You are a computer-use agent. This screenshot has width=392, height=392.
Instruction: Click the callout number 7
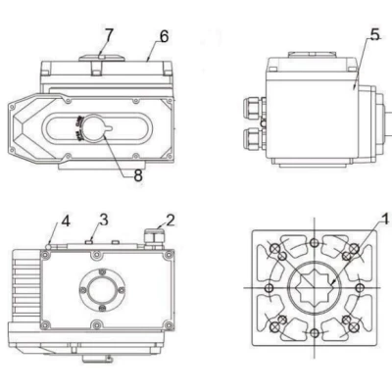(x=109, y=33)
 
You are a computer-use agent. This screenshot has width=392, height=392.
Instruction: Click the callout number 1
(x=383, y=220)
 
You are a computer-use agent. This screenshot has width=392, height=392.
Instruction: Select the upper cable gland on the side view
(x=253, y=103)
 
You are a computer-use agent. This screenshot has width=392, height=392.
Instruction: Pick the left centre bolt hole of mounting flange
(x=265, y=290)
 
